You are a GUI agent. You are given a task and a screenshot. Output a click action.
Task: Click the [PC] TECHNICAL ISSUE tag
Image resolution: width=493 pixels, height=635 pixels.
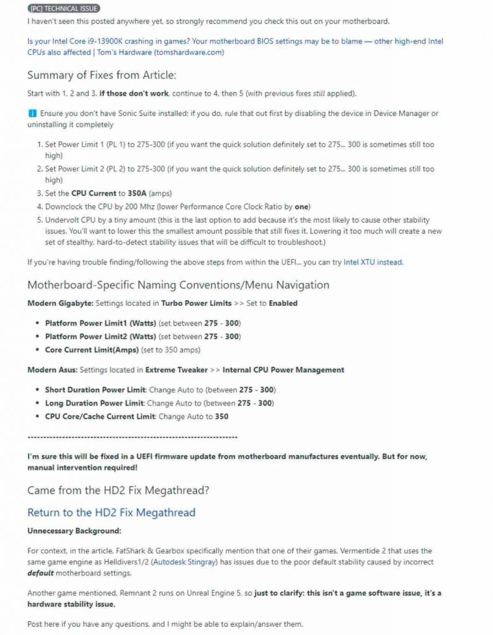(x=64, y=9)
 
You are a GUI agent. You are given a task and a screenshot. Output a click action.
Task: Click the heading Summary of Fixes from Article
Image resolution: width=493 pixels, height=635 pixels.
(x=102, y=75)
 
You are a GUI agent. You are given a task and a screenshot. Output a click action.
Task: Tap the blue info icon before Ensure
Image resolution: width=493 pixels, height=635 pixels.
(x=32, y=113)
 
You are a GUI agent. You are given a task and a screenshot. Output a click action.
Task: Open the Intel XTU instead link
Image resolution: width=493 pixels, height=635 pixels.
(x=373, y=262)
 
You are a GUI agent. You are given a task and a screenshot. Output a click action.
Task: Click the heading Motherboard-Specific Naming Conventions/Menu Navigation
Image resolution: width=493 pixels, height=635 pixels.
(x=178, y=285)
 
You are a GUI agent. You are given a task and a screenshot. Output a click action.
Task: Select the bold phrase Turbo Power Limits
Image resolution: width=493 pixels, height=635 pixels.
(x=196, y=303)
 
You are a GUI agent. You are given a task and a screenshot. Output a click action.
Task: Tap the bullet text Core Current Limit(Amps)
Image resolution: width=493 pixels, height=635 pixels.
(x=91, y=350)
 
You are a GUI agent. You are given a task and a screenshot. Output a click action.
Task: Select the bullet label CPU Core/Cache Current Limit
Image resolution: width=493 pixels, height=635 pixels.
(x=99, y=416)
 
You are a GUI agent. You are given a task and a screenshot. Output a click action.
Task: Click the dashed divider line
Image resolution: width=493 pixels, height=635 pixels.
(x=128, y=437)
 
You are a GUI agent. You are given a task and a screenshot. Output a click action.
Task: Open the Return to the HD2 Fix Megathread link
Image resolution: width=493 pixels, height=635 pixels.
(x=111, y=513)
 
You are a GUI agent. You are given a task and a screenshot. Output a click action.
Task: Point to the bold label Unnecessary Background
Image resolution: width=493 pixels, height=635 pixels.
(x=74, y=531)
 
